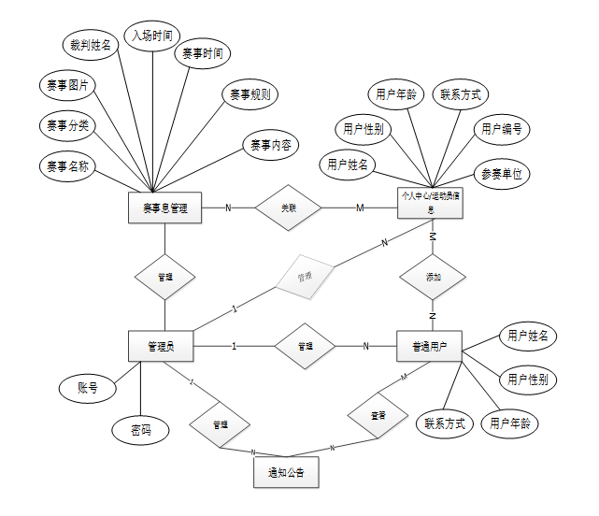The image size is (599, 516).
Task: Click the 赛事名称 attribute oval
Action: click(67, 167)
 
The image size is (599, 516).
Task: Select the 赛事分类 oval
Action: click(67, 125)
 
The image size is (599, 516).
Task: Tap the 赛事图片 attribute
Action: click(67, 86)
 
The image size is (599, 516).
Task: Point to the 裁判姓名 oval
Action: click(91, 44)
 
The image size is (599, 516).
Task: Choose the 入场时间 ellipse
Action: click(150, 36)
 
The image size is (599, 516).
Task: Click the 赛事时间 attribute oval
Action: click(203, 53)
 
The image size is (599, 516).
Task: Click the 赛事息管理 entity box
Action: click(164, 208)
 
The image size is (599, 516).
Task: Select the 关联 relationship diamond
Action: click(289, 208)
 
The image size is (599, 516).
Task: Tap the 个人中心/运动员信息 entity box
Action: click(432, 203)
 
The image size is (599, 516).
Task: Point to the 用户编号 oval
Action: click(501, 128)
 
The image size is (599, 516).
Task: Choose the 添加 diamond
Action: click(432, 278)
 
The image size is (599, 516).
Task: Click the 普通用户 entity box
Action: click(431, 347)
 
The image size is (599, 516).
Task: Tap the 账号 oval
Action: click(88, 386)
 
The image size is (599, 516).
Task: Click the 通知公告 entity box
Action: click(286, 472)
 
